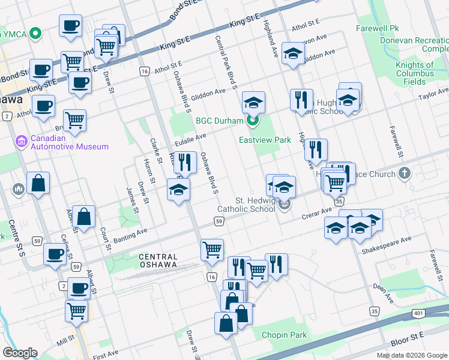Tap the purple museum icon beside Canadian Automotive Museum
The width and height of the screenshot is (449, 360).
21,142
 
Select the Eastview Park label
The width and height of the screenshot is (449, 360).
265,140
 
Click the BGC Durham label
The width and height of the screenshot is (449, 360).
219,121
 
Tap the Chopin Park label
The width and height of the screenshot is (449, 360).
280,335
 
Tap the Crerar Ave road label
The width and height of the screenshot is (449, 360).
317,214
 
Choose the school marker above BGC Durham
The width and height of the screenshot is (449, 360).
253,101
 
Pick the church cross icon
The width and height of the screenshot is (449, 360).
405,174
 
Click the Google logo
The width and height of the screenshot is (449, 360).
20,353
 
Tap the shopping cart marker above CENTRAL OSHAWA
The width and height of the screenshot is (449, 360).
211,249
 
